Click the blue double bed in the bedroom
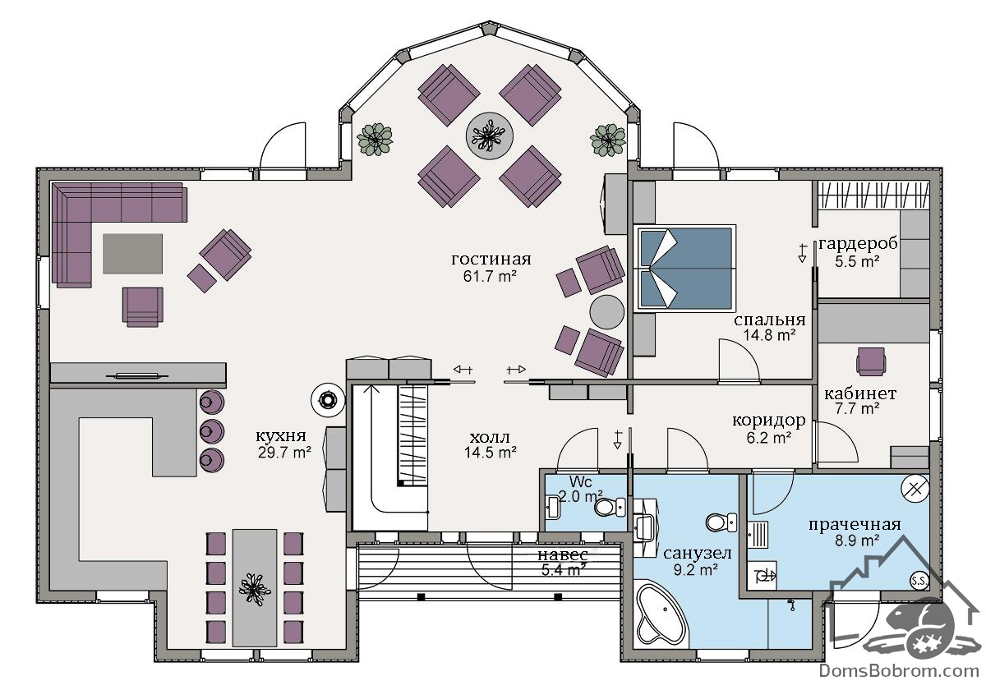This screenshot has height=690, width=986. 685,268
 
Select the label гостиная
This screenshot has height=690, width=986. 491,259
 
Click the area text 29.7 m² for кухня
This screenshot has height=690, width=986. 285,452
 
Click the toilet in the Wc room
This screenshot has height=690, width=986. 609,508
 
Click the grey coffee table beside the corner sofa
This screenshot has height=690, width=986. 132,254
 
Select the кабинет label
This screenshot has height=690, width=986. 860,393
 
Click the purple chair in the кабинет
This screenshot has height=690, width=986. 871,361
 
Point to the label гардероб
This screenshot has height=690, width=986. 858,243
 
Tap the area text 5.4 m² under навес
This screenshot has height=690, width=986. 564,570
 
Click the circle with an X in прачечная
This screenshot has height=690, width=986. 915,489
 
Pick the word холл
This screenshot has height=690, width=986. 490,437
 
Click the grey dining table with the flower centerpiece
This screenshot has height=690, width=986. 255,587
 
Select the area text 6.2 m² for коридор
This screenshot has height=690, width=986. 769,438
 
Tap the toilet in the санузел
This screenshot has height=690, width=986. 721,522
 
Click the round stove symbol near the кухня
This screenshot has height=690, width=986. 328,399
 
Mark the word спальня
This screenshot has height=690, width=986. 769,320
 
